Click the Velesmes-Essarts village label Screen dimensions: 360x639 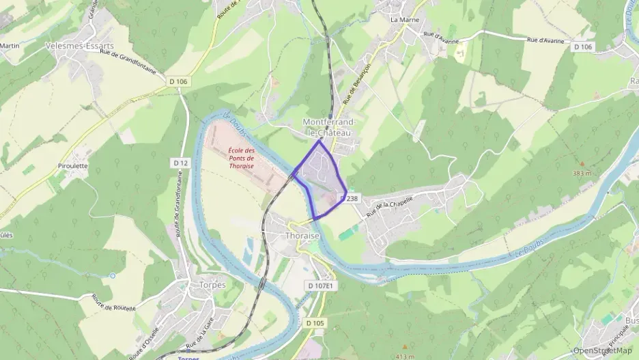[80, 45]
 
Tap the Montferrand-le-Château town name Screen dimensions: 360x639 [329, 127]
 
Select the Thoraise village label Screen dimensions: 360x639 [301, 235]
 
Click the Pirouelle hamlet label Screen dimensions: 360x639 [73, 165]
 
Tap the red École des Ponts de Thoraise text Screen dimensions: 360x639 [241, 158]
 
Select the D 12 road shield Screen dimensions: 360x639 [180, 163]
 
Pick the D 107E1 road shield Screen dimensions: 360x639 [320, 285]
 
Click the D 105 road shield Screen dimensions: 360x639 [315, 322]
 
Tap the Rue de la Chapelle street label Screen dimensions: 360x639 [390, 207]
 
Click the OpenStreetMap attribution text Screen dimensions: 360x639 [603, 350]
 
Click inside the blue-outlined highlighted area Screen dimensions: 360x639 [321, 178]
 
